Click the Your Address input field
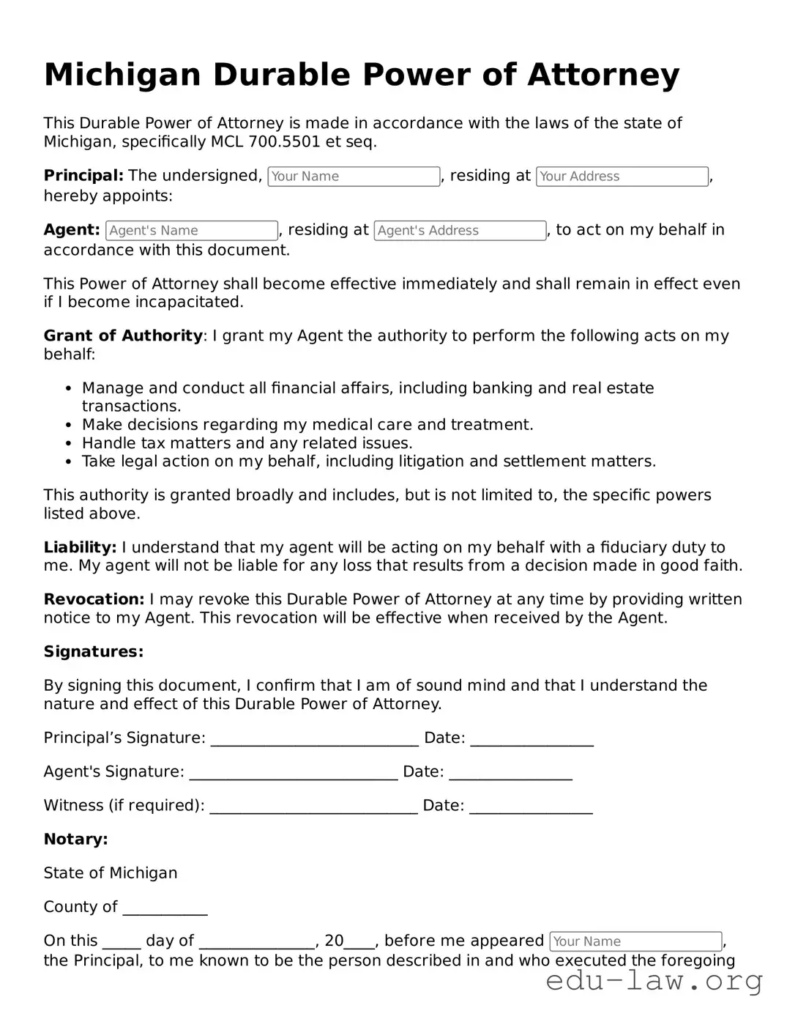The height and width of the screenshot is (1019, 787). point(622,177)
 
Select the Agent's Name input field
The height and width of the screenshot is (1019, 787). point(192,231)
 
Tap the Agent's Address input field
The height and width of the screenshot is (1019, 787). point(460,231)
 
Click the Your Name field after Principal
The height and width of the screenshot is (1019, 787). point(354,177)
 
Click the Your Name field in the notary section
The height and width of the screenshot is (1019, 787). point(635,941)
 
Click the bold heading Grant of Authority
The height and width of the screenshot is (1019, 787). point(123,336)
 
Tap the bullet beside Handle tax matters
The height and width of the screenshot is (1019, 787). point(68,444)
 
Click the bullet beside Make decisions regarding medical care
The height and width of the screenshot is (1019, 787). point(68,426)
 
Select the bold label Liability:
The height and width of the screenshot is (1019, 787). point(80,547)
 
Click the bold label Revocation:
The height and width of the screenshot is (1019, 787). point(94,599)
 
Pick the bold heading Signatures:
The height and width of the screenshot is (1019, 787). point(94,652)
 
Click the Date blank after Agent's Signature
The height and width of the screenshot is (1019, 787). point(510,774)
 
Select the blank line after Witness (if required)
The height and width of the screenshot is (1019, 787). point(313,807)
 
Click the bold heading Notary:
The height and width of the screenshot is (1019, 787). point(75,840)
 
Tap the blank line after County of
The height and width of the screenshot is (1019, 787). point(165,909)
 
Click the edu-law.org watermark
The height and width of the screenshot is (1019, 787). point(654,981)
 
